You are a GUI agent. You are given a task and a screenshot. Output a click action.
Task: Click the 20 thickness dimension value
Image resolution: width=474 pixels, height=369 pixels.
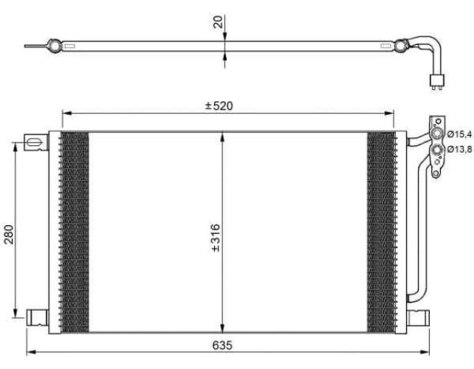pos(218,21)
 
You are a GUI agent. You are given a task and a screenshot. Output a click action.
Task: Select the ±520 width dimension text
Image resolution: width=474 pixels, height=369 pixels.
pos(219,106)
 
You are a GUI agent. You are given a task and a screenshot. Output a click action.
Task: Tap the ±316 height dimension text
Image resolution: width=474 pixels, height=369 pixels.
pos(216,238)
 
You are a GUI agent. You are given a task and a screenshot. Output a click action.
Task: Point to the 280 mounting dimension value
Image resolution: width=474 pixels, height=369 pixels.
pos(9,234)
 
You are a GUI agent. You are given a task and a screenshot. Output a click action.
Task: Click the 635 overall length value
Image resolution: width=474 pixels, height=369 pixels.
pos(222,345)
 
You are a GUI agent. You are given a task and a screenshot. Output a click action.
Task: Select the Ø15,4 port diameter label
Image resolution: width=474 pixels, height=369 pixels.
pos(459,134)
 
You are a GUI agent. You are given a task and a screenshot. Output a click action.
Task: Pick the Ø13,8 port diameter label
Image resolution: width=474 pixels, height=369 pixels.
pos(459,149)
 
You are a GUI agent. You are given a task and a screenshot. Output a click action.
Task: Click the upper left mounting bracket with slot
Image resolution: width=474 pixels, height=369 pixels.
pos(36,142)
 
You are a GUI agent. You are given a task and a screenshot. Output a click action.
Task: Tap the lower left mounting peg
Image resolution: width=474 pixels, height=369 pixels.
pos(37,317)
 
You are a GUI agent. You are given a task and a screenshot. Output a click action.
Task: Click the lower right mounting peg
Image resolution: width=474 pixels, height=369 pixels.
pos(418,317)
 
